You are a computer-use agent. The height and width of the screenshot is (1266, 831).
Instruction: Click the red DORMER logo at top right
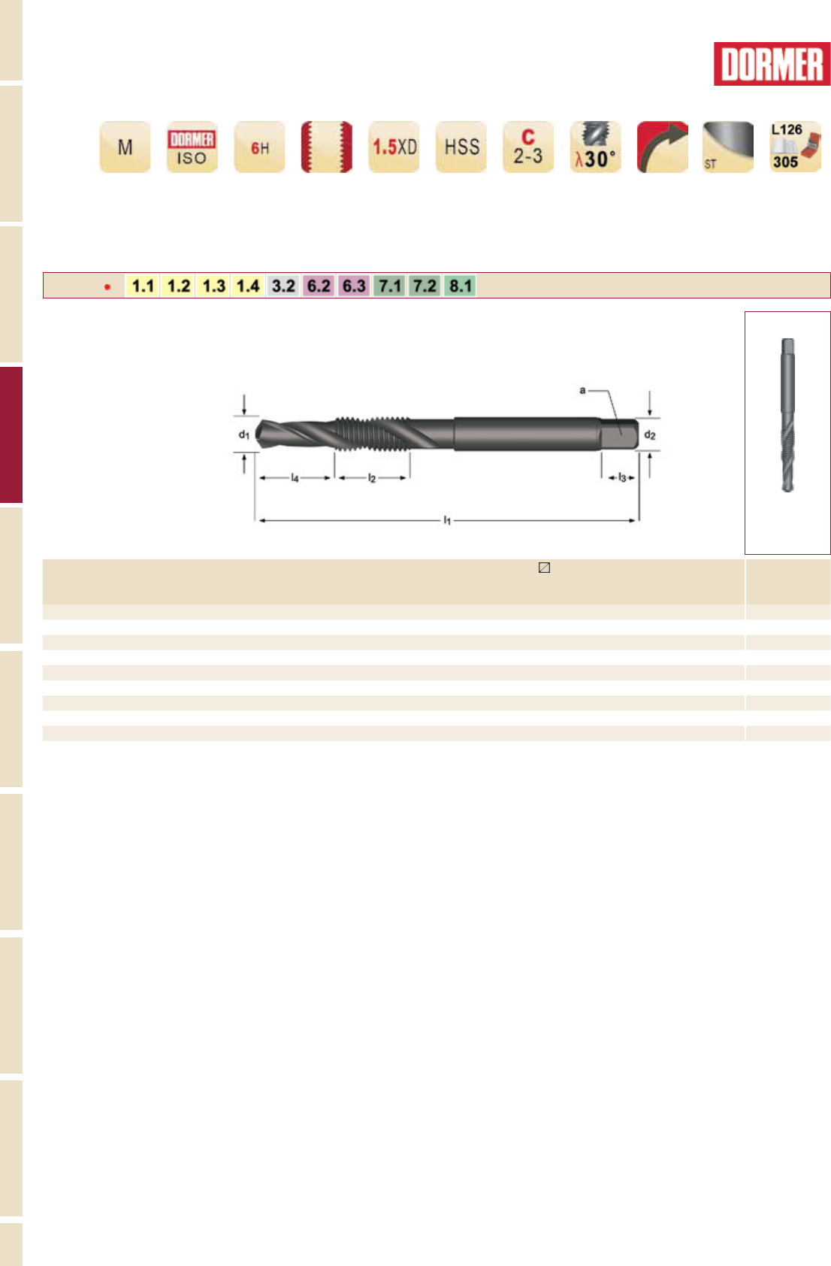[772, 64]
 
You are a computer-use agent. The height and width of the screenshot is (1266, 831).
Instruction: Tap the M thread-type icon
[125, 147]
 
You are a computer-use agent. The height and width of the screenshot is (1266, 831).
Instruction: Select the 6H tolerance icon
[259, 147]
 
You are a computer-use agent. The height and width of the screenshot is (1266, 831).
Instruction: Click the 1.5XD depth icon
[394, 147]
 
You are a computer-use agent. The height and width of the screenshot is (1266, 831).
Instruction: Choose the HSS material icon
[461, 147]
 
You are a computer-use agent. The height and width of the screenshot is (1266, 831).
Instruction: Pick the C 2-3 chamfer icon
[528, 147]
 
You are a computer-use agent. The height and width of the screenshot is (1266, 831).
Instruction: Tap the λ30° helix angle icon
[595, 147]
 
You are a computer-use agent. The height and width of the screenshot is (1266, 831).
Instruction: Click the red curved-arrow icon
[663, 147]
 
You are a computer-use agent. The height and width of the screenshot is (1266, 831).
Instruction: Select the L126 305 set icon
[796, 147]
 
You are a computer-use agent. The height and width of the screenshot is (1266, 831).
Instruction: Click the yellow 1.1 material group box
[142, 286]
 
